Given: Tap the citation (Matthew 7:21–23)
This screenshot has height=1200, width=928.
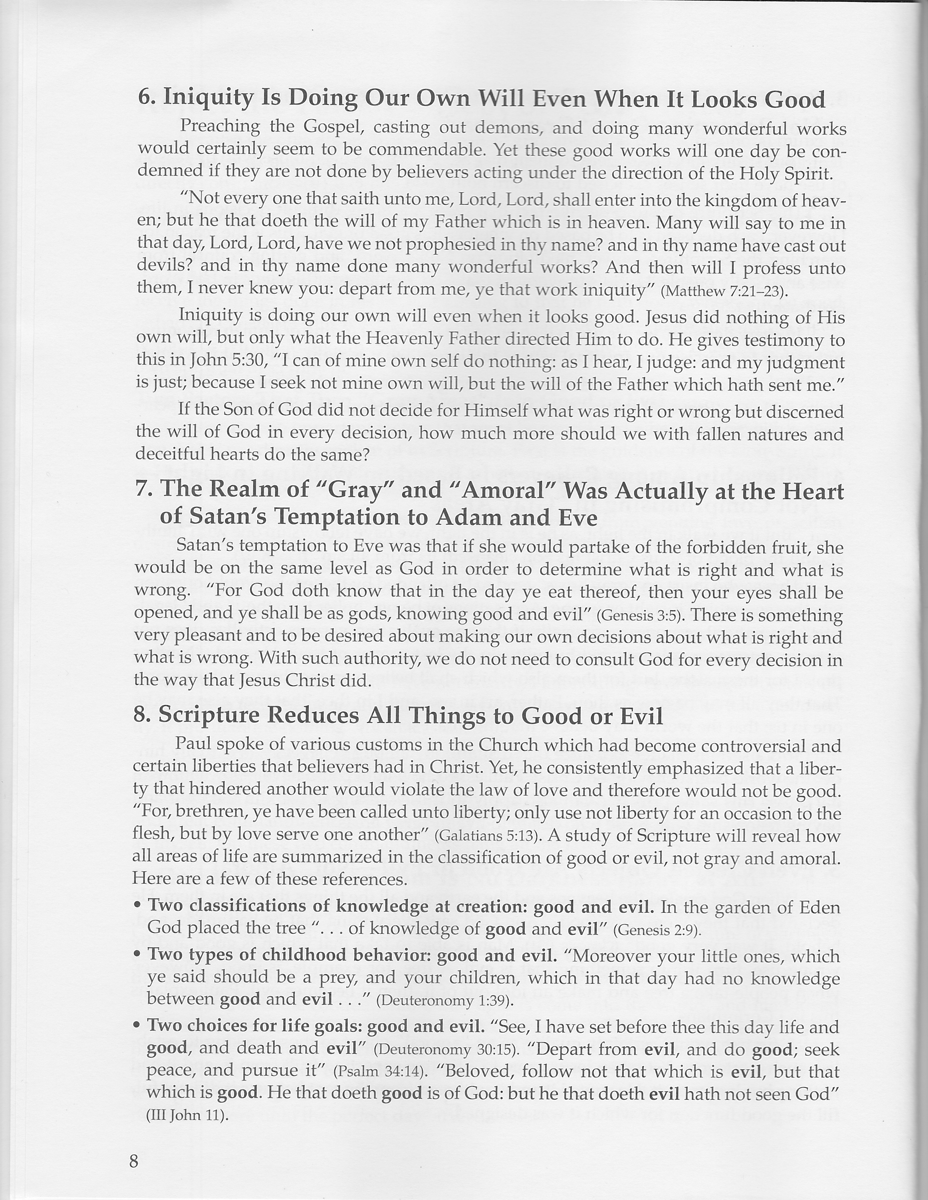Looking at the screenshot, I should tap(724, 292).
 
